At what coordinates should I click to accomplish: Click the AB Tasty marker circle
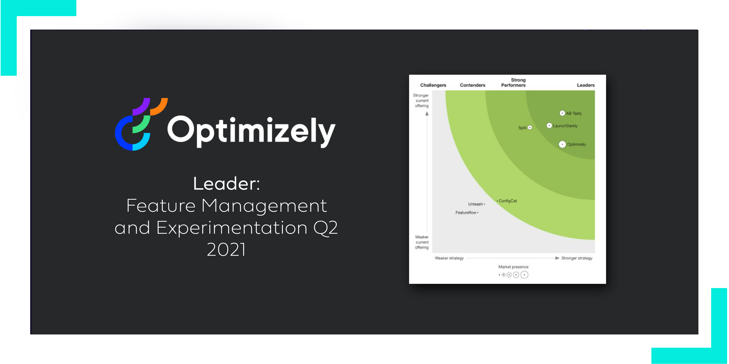coord(562,113)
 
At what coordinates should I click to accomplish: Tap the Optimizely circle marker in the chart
coord(562,144)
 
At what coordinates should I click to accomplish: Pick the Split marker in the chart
coord(530,128)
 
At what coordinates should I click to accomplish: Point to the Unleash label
coord(475,204)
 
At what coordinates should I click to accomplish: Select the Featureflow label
coord(466,213)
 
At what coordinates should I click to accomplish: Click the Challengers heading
coord(433,85)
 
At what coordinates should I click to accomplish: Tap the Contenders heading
coord(472,85)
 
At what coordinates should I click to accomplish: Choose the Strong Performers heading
coord(513,83)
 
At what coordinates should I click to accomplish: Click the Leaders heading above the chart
coord(585,85)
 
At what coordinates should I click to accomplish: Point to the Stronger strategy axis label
coord(576,258)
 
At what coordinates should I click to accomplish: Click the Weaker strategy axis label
coord(449,258)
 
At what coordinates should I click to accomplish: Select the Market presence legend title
coord(513,267)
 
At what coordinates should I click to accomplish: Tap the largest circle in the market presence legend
coord(524,275)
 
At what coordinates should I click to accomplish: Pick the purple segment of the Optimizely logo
coord(142,106)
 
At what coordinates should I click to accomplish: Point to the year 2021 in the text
coord(226,250)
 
